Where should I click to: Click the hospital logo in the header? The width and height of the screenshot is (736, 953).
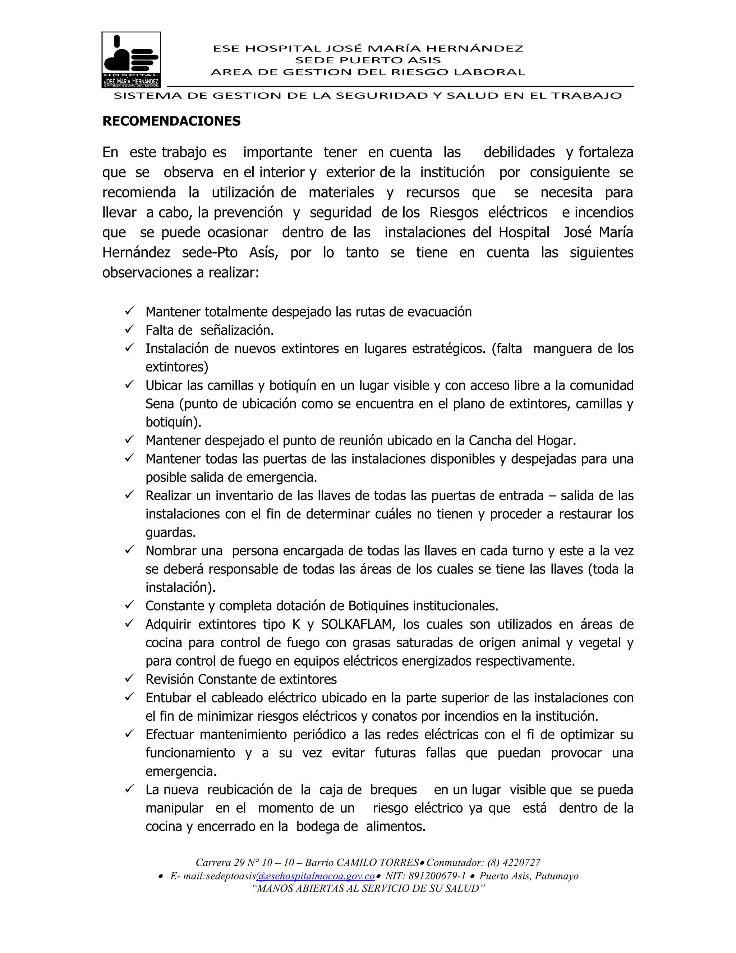(x=131, y=59)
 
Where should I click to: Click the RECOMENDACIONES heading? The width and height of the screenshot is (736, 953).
(x=171, y=121)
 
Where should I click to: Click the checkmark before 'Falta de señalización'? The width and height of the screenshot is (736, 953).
(x=129, y=330)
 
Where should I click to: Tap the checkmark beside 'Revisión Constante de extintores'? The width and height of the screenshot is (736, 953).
(x=129, y=679)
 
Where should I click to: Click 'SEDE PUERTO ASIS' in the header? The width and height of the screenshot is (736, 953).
(x=368, y=60)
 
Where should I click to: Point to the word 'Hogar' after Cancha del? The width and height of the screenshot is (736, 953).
(x=559, y=441)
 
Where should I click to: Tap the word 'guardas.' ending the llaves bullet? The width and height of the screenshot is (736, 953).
(x=170, y=533)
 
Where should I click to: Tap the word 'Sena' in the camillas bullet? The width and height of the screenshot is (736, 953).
(x=160, y=404)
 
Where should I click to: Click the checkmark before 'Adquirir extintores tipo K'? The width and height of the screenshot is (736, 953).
(x=129, y=624)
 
